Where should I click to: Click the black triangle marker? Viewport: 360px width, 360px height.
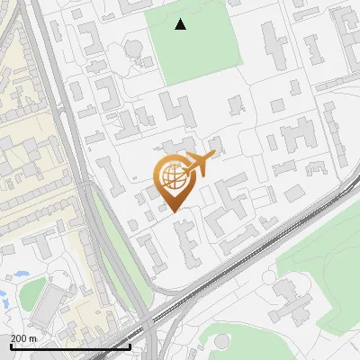tap(181, 24)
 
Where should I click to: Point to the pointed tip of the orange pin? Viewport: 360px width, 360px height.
tap(173, 211)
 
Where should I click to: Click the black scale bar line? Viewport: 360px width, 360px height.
tap(70, 346)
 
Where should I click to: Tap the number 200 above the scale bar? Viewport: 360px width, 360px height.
tap(19, 338)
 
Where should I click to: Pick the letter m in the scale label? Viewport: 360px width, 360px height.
tap(32, 338)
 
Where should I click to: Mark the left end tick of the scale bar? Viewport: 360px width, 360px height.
tap(10, 346)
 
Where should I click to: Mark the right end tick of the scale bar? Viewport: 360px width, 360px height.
tap(130, 346)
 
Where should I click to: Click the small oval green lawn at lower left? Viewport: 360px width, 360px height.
tap(32, 292)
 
